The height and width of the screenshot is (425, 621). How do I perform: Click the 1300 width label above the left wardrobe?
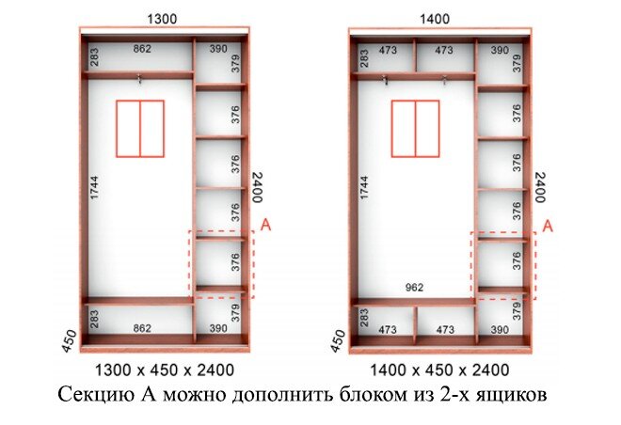162,19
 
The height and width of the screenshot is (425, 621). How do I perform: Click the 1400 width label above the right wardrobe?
435,19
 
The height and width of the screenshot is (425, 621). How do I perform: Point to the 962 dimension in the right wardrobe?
414,288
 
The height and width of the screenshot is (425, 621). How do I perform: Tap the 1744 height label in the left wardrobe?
94,187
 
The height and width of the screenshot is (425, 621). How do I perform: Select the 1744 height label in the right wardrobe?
364,187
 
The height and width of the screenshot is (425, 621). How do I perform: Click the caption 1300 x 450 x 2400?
165,370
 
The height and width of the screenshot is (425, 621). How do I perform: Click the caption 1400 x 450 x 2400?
439,370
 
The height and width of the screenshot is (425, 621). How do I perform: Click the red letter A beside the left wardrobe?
265,225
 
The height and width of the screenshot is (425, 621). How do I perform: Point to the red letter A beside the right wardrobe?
548,227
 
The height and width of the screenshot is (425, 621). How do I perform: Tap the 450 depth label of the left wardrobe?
70,341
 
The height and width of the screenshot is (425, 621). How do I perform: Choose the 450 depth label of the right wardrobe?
338,341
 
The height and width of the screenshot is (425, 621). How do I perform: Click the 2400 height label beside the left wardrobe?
258,187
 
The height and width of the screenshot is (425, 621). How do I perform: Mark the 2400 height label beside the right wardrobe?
540,187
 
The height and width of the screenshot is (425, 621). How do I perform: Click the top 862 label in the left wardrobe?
142,49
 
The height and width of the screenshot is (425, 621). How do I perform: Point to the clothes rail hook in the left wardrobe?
139,79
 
